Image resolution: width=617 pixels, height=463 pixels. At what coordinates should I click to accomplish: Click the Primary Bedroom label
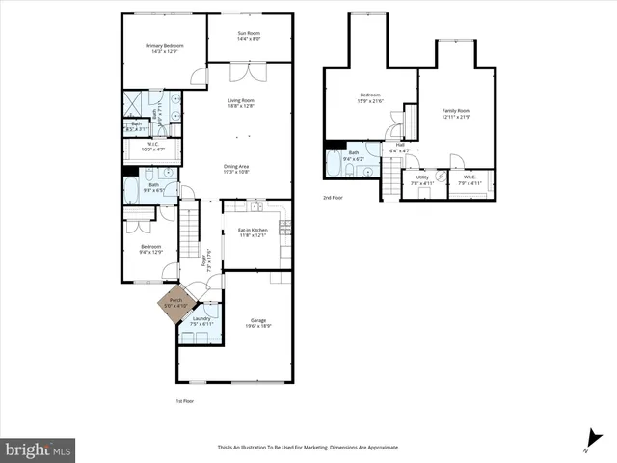[x=164, y=48]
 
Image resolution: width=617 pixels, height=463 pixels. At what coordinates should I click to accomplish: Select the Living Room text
[x=240, y=103]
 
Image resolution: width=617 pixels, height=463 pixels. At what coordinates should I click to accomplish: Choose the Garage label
[x=257, y=322]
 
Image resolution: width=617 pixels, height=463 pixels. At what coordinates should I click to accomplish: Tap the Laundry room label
[x=201, y=320]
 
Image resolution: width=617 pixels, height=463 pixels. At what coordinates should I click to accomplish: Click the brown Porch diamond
[x=176, y=302]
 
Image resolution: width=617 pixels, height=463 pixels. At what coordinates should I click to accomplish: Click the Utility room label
[x=422, y=178]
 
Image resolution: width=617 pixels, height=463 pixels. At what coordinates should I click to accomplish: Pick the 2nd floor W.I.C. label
[x=469, y=178]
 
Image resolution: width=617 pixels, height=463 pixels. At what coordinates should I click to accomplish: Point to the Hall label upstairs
[x=400, y=149]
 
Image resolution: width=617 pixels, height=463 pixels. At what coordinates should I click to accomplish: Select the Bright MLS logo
[x=39, y=449]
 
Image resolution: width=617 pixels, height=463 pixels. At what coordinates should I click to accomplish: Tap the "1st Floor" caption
[x=185, y=400]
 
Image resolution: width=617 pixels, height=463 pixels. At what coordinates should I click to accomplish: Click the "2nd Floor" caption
[x=333, y=197]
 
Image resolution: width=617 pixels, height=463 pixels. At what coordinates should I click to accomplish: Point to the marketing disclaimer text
[x=308, y=448]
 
